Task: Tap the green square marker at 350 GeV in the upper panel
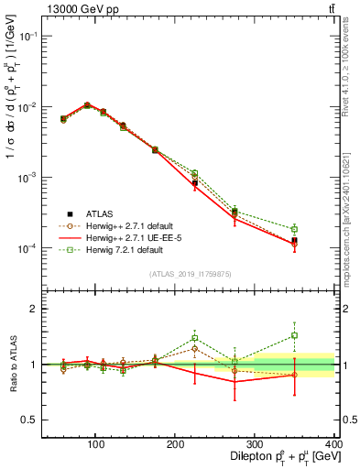pos(321,229)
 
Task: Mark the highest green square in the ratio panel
pos(321,335)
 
